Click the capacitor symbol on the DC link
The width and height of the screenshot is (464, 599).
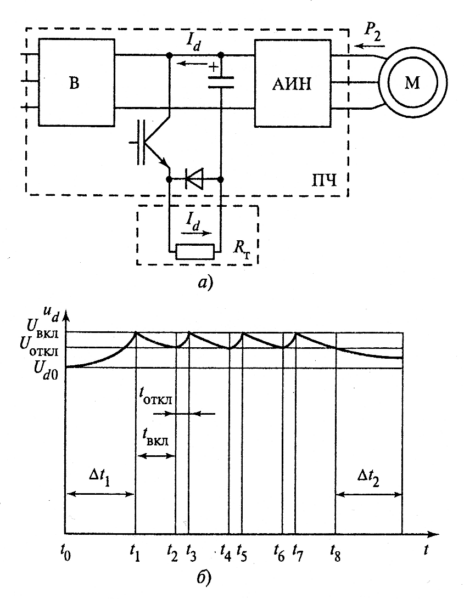221,82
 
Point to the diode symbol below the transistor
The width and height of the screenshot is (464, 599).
194,178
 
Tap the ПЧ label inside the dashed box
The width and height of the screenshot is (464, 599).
324,179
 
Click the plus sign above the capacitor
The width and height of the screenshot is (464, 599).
214,67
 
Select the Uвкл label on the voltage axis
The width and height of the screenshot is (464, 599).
42,329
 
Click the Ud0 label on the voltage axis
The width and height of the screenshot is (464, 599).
45,368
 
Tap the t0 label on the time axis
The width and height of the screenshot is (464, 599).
65,553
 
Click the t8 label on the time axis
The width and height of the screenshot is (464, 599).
336,553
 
